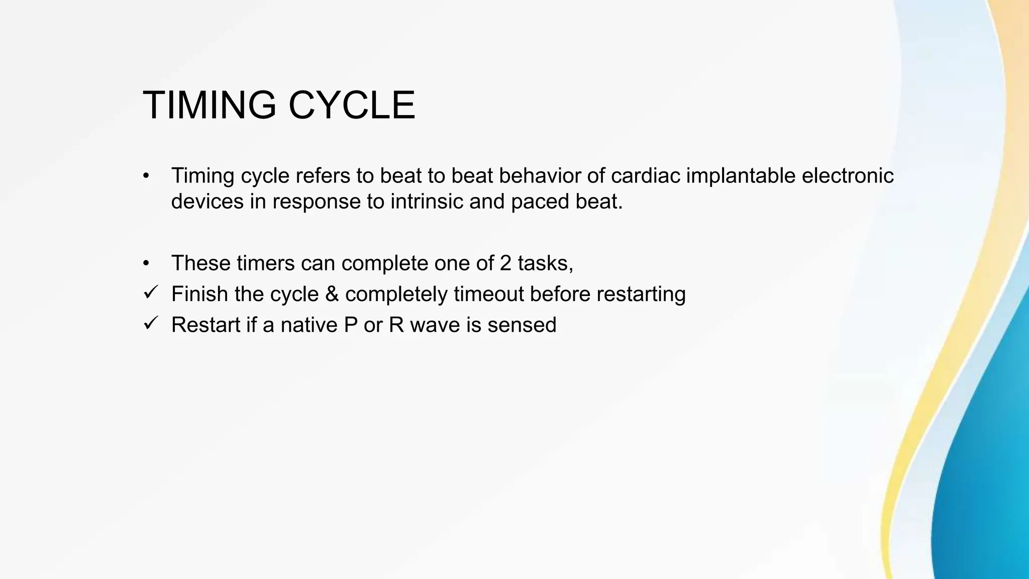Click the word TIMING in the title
(209, 106)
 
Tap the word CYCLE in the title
(352, 106)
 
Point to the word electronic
(848, 176)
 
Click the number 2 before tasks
(505, 263)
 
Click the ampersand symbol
(332, 295)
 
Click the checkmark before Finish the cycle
(151, 292)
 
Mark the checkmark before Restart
(151, 323)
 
